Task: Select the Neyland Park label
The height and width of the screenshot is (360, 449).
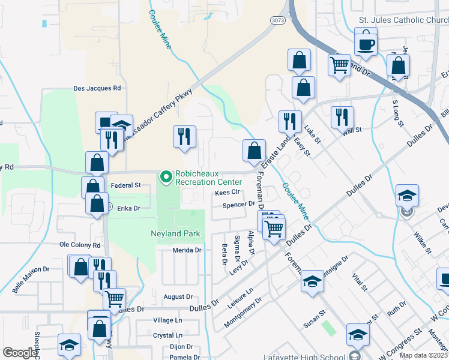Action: pyautogui.click(x=175, y=233)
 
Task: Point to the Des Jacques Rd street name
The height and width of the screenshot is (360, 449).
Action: pyautogui.click(x=97, y=88)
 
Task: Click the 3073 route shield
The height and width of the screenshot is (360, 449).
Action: pyautogui.click(x=277, y=20)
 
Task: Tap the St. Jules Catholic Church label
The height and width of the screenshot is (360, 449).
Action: pyautogui.click(x=403, y=19)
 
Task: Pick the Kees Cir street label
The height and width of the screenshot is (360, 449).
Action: pyautogui.click(x=228, y=193)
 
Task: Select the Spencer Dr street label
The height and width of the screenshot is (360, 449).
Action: pyautogui.click(x=239, y=205)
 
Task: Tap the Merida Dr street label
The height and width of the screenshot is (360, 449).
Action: pyautogui.click(x=186, y=250)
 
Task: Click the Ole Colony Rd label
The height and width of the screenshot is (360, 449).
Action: pyautogui.click(x=79, y=245)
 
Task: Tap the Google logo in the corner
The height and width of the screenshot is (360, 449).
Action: pyautogui.click(x=20, y=353)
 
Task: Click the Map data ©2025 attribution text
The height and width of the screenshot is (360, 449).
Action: pyautogui.click(x=423, y=355)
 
